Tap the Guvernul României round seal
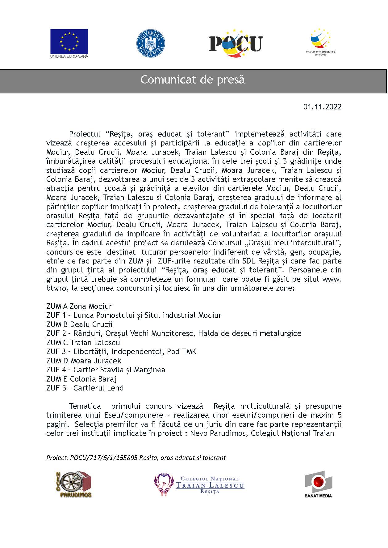pos(150,43)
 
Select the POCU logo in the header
pos(236,43)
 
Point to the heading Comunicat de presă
pos(193,80)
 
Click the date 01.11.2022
pos(322,107)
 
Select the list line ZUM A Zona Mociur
pos(79,306)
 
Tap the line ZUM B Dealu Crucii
pos(79,324)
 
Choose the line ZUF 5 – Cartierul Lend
pos(85,388)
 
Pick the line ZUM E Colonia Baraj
pos(81,379)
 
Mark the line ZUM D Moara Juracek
pos(84,361)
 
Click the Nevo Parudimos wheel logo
pos(73,484)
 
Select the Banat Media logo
pos(318,484)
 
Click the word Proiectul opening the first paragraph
pos(85,134)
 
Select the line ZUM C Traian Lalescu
pos(83,342)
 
